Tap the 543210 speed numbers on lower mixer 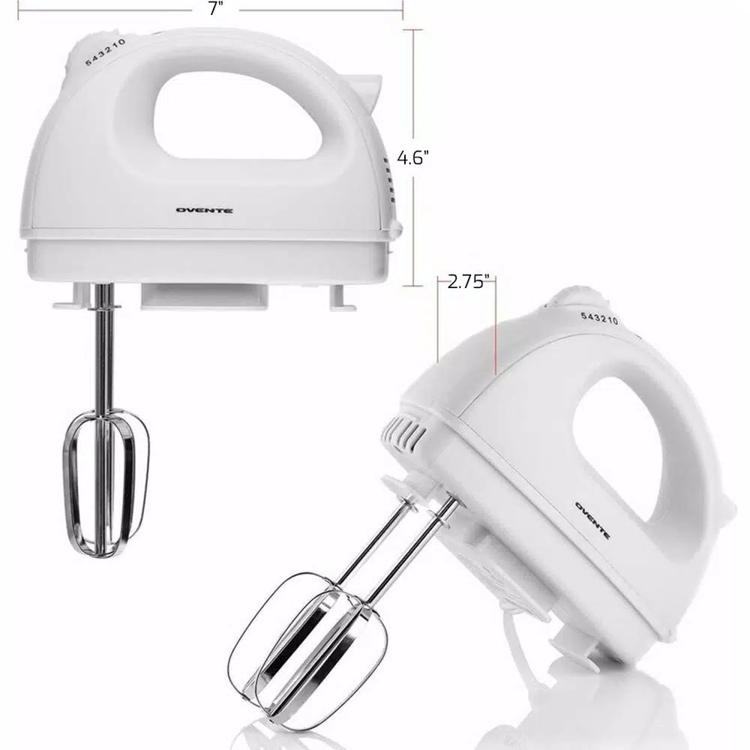tap(599, 316)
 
